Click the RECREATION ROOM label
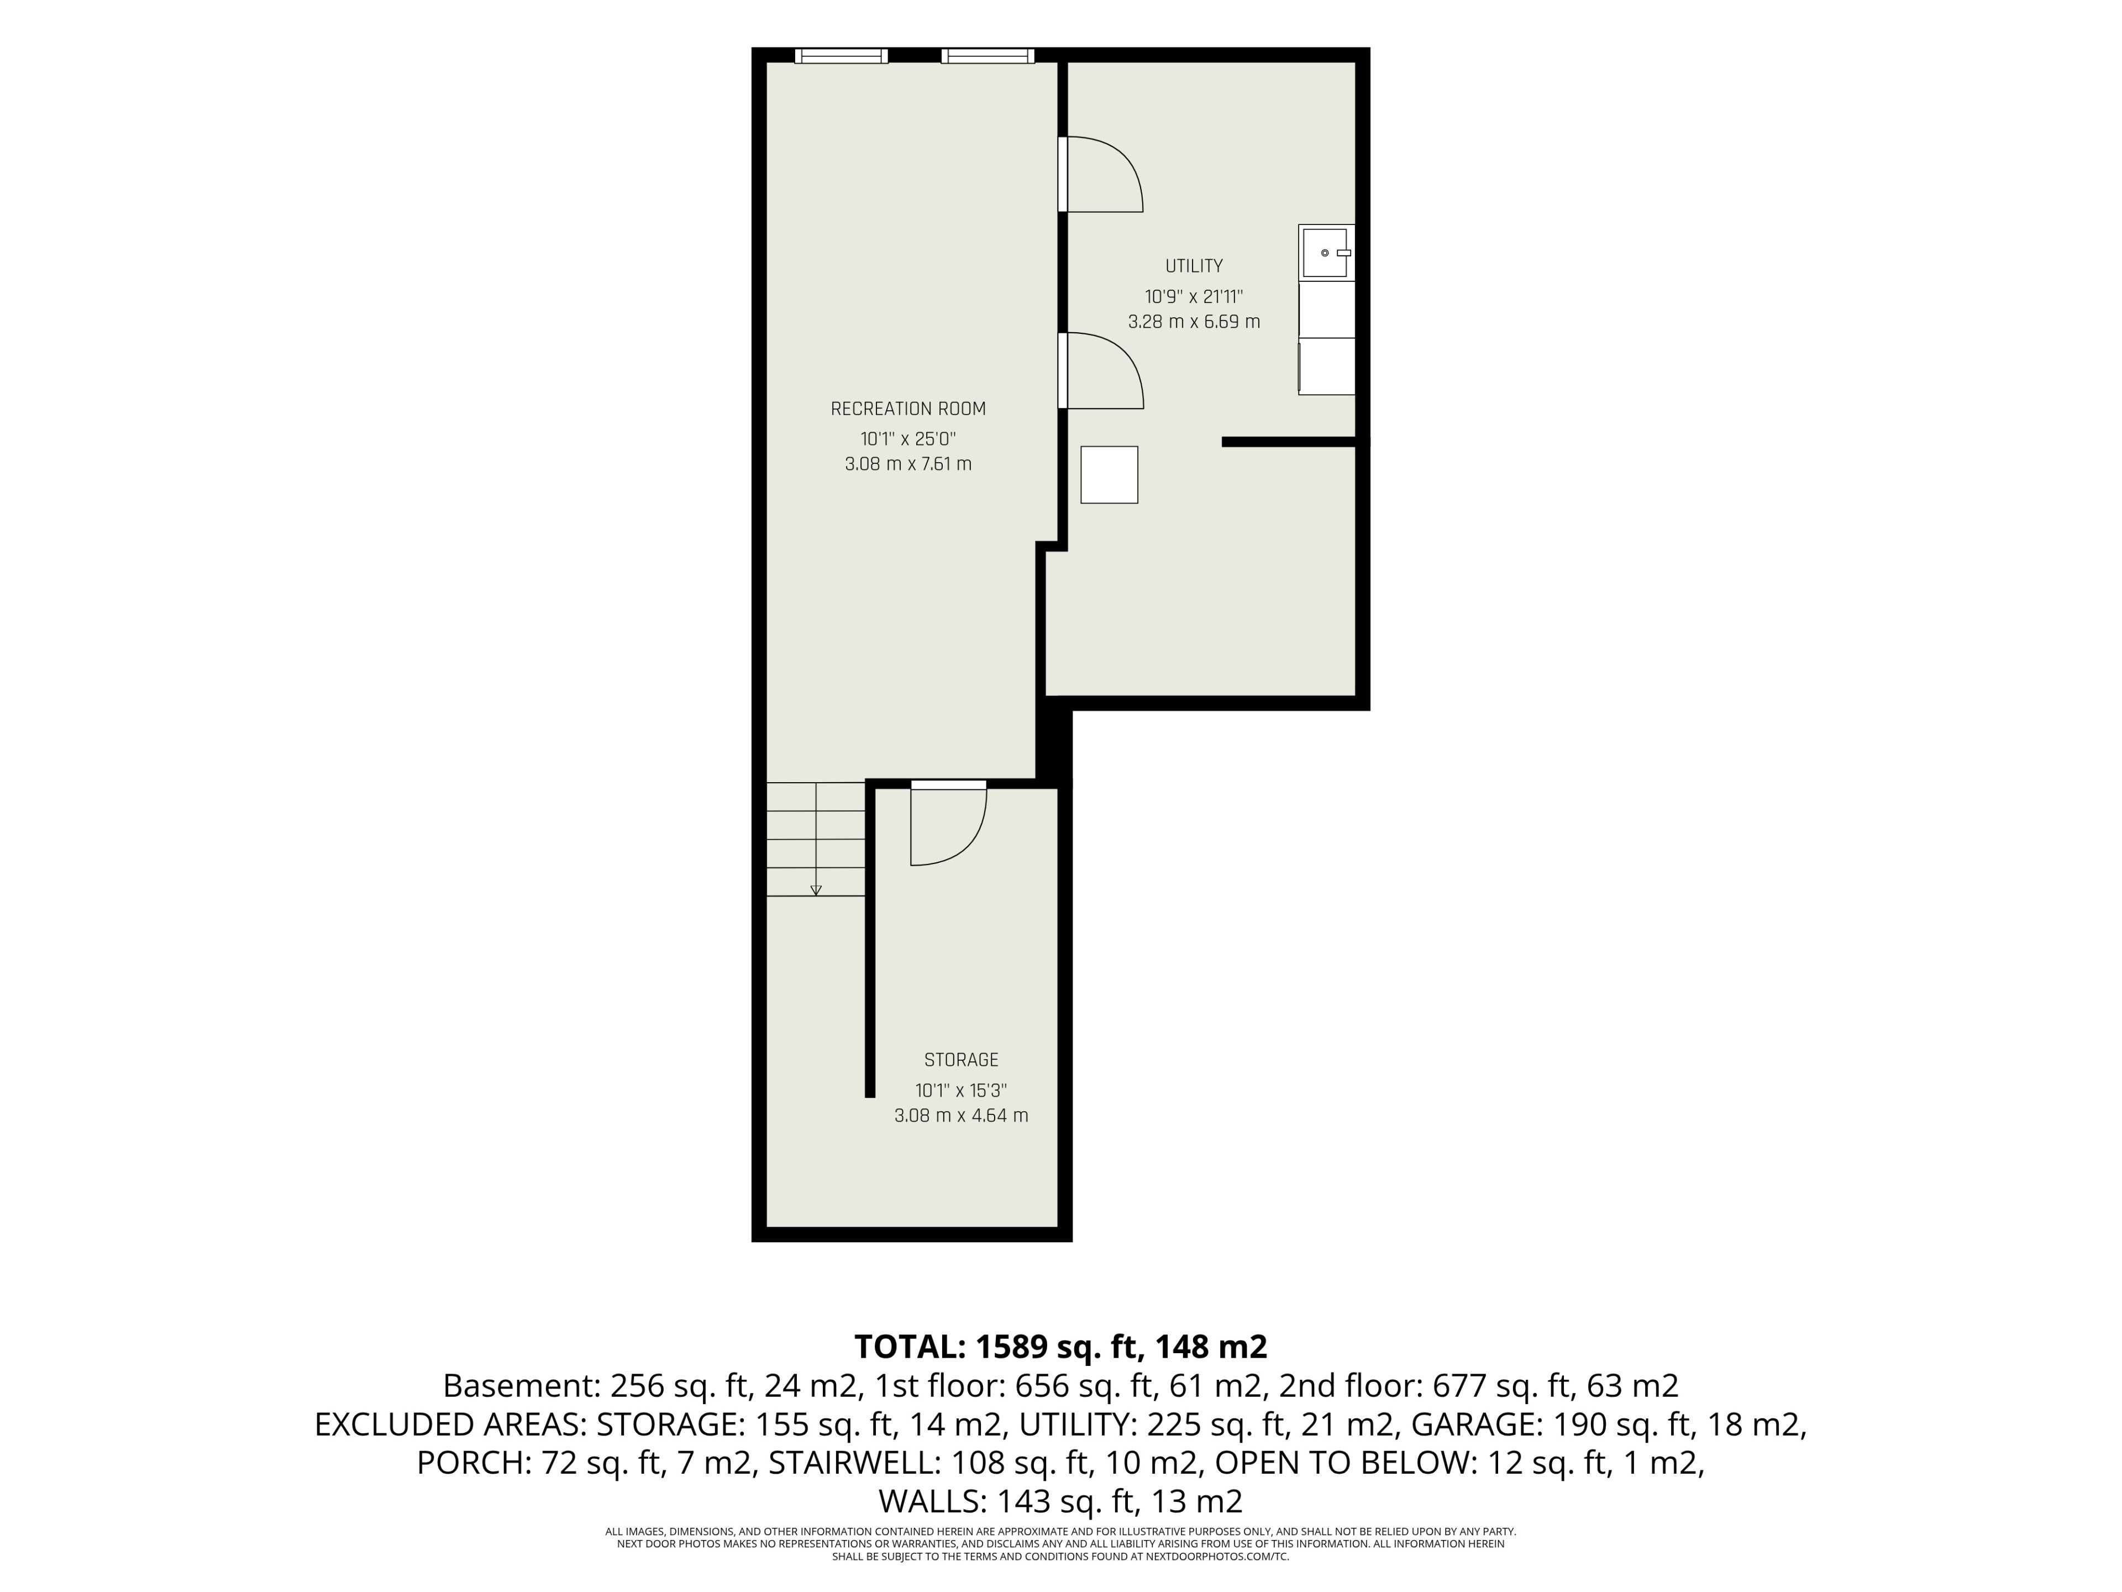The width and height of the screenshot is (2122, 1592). point(907,409)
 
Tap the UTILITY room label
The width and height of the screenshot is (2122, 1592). point(1194,266)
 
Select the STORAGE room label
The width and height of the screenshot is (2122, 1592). point(961,1060)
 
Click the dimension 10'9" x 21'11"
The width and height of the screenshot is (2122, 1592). point(1194,296)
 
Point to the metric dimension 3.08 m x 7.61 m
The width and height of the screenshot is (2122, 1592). point(907,464)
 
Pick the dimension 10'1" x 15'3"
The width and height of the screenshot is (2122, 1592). point(961,1090)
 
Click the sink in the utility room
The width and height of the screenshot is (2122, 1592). point(1326,253)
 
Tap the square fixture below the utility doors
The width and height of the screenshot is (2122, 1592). point(1109,474)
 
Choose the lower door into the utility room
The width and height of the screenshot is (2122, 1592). point(1100,370)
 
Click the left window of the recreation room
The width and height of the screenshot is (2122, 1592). point(841,56)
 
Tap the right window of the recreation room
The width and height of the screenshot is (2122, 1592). point(988,56)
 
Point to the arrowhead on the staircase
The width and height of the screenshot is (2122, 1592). point(816,889)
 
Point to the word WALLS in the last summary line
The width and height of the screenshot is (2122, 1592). point(932,1501)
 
